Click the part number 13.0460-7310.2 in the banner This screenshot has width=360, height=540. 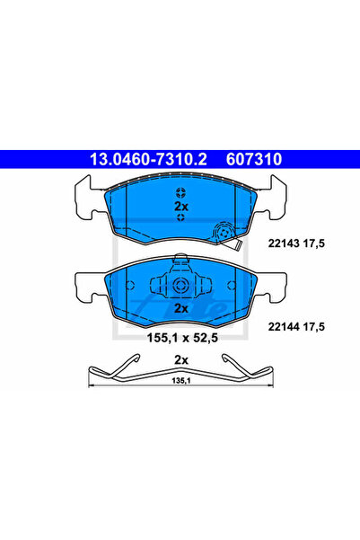coord(148,159)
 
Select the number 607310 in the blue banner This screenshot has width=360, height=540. coord(254,159)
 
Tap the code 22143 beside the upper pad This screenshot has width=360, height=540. coord(284,243)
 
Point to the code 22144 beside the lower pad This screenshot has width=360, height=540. coord(284,326)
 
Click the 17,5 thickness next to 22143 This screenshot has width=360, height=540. coord(313,243)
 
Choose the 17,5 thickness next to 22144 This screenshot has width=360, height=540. coord(313,326)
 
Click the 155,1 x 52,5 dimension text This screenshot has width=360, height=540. coord(182,338)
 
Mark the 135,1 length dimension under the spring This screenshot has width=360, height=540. coord(181,381)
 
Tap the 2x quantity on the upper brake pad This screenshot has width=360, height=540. coord(181,207)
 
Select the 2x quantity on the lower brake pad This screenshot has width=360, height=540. coord(181,308)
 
